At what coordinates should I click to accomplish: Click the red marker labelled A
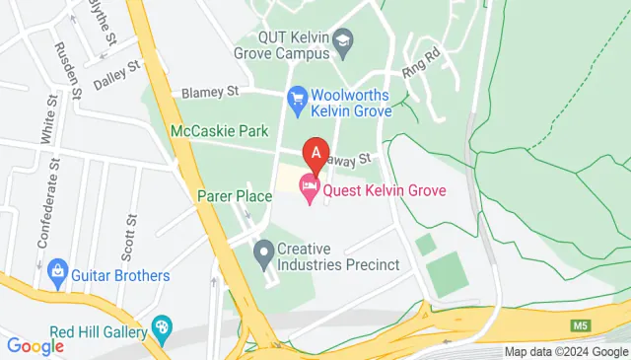click(x=315, y=153)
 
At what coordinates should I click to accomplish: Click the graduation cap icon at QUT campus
click(x=342, y=41)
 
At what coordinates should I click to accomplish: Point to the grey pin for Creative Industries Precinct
click(x=263, y=256)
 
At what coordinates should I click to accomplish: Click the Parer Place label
click(x=235, y=196)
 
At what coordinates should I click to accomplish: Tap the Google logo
click(x=35, y=345)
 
